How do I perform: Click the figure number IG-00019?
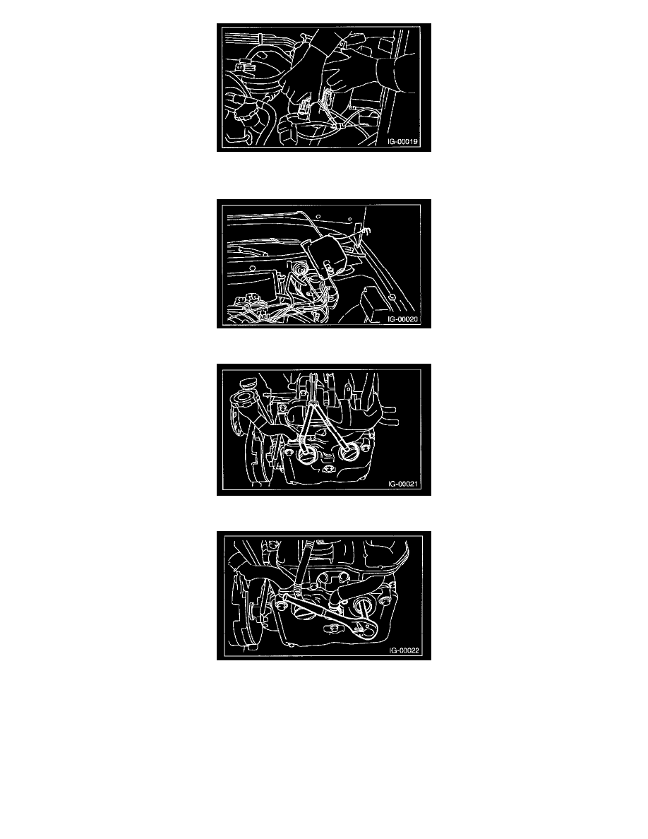(402, 142)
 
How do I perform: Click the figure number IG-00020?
(402, 319)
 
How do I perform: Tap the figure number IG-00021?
(402, 484)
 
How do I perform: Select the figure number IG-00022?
(404, 650)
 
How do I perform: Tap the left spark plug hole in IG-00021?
(306, 456)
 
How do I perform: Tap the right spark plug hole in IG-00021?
(349, 452)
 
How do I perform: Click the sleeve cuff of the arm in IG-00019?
(387, 74)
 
